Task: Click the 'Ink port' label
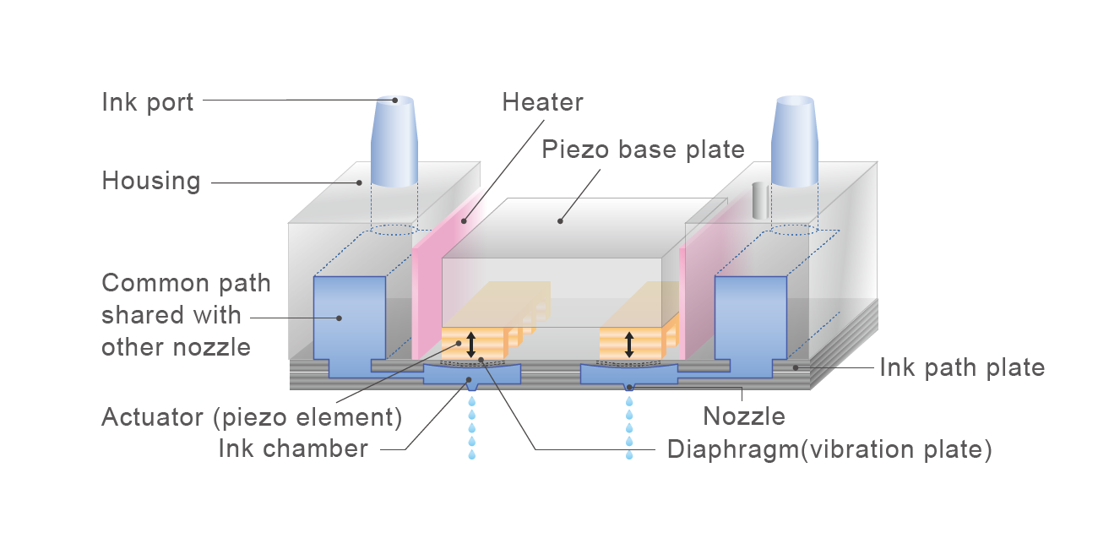click(148, 102)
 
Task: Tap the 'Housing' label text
click(151, 181)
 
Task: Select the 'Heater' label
click(542, 102)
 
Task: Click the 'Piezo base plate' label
click(644, 149)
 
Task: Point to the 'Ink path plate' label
click(962, 367)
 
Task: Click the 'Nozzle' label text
click(744, 416)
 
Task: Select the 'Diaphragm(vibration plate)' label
click(829, 448)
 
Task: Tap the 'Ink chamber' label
click(293, 448)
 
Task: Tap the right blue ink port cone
click(795, 144)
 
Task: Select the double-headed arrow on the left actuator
click(471, 344)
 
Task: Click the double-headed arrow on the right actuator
click(629, 344)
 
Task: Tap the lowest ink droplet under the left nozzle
click(472, 456)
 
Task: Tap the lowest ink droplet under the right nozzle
click(630, 456)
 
